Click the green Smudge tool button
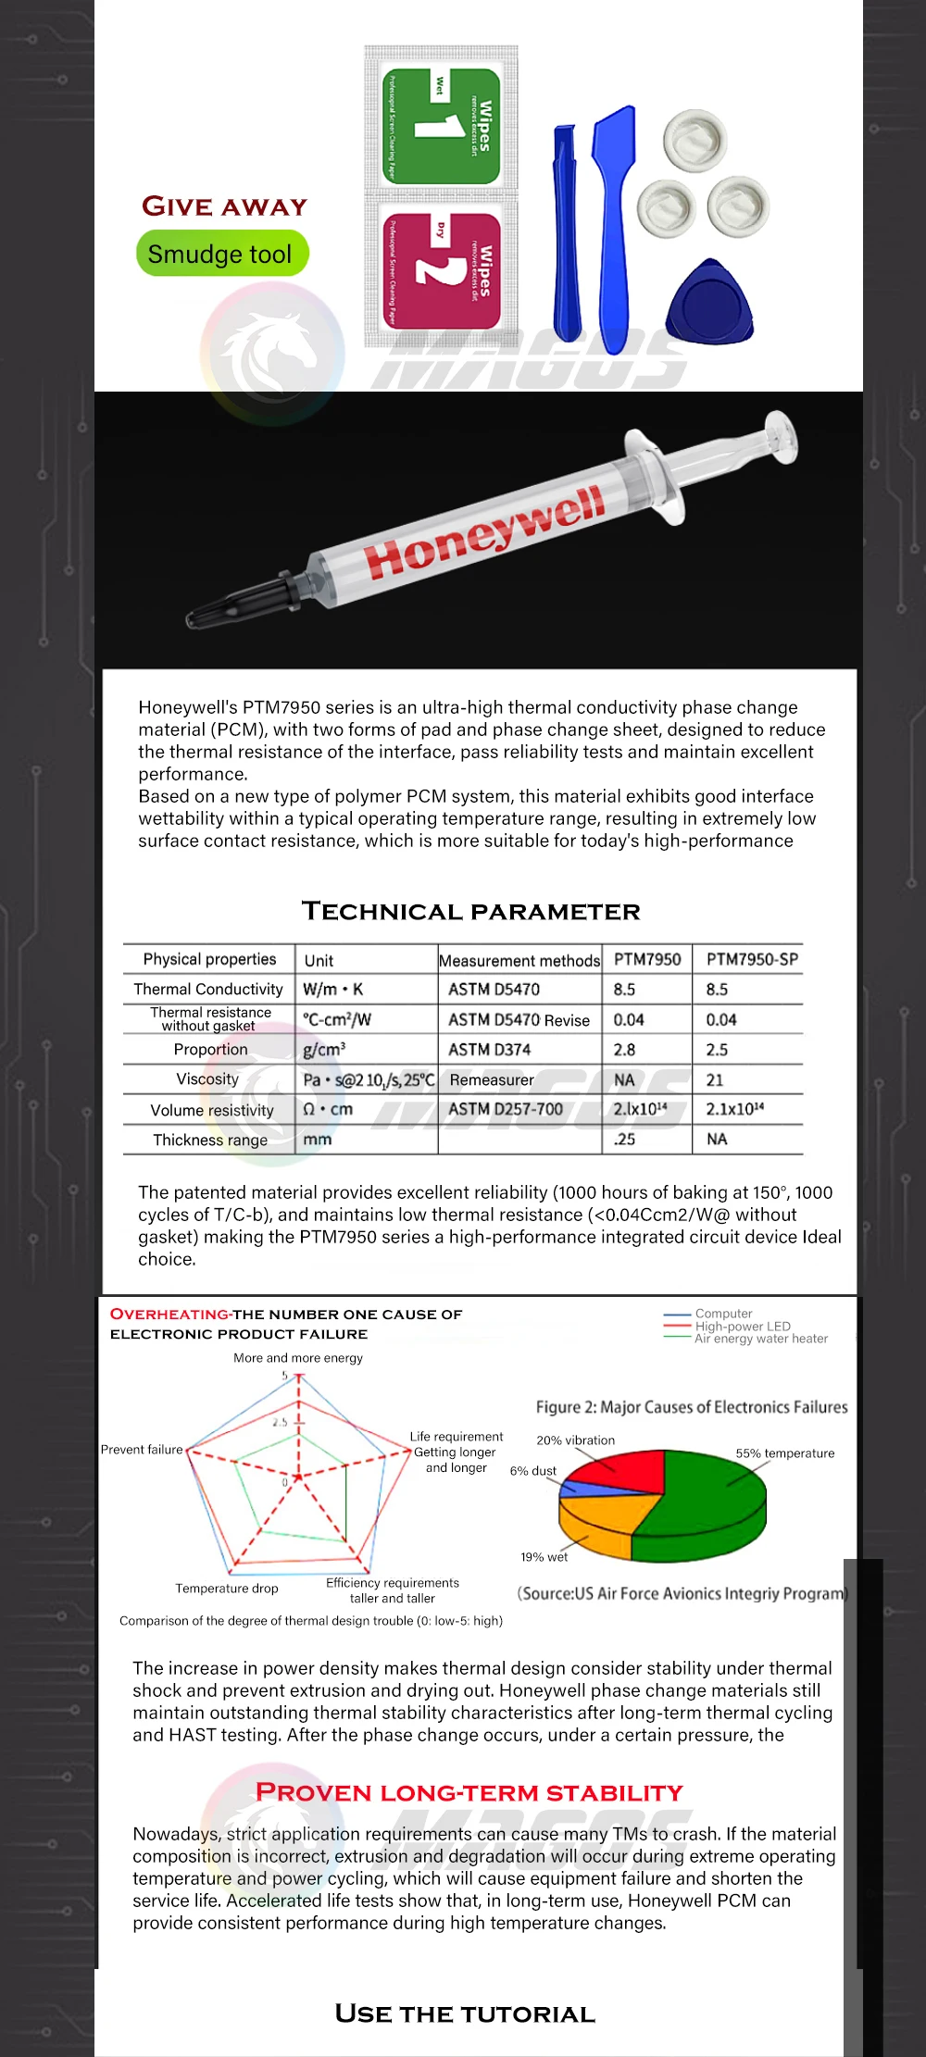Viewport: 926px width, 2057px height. point(221,254)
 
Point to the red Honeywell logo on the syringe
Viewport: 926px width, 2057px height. point(483,532)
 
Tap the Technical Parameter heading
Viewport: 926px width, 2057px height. point(470,911)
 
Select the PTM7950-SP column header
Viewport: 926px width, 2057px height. point(751,959)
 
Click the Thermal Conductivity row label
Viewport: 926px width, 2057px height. point(208,989)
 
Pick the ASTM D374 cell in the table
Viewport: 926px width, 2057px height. point(489,1049)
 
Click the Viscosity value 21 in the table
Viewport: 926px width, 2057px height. point(715,1079)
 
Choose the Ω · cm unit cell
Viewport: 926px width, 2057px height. point(328,1109)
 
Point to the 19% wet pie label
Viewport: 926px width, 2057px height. point(544,1557)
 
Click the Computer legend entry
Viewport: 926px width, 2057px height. point(723,1314)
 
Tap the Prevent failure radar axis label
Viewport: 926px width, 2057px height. point(142,1450)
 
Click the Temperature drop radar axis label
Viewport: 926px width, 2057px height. point(227,1589)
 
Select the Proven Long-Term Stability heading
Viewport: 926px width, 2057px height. point(469,1793)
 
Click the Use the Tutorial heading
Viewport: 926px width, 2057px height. point(465,2014)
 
